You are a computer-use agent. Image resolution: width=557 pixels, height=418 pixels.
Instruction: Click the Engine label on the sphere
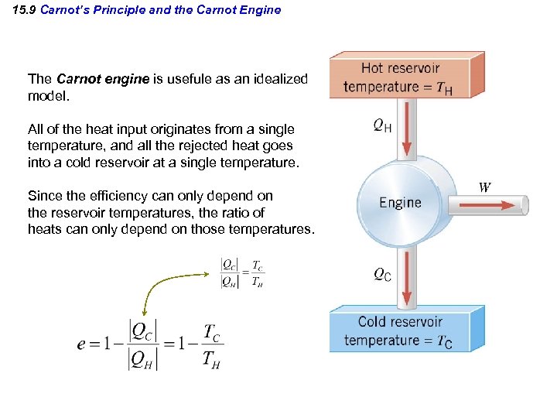[400, 203]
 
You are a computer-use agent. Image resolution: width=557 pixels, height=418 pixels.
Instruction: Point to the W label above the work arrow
[485, 187]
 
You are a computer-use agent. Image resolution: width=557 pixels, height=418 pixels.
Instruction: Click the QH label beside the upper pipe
[382, 125]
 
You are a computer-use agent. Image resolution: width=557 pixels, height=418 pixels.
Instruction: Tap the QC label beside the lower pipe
[382, 274]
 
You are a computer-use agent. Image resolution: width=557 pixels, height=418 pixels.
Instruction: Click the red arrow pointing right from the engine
[487, 205]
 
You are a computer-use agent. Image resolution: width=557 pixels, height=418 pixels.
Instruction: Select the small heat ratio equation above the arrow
[243, 273]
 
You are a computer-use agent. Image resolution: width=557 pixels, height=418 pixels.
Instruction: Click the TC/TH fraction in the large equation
[210, 345]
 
